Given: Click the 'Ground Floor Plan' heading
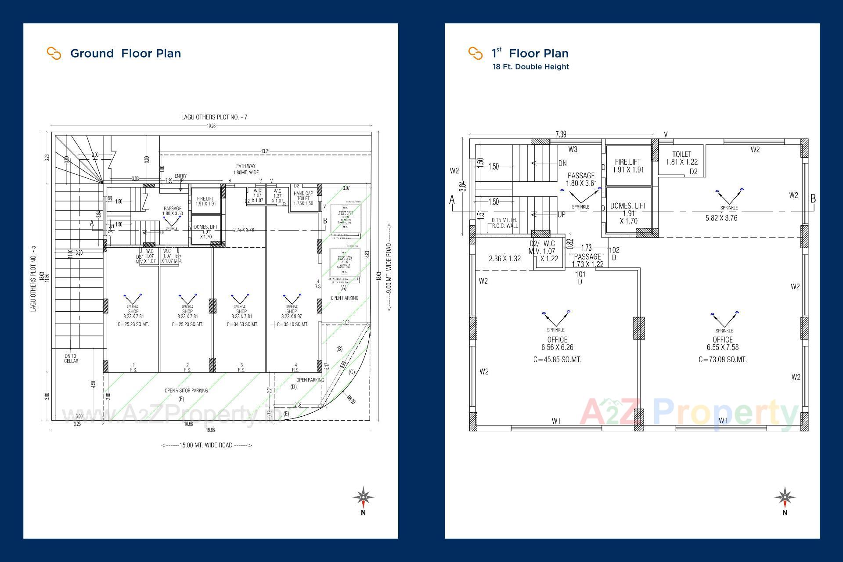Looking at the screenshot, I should pyautogui.click(x=125, y=54).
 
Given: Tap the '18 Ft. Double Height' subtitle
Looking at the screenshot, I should pyautogui.click(x=530, y=67).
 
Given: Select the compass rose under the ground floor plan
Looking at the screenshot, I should pyautogui.click(x=363, y=497).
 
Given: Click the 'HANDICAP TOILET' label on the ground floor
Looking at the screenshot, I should pyautogui.click(x=303, y=198).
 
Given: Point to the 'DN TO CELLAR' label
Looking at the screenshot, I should pyautogui.click(x=71, y=358).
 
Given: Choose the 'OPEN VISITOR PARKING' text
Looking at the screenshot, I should pyautogui.click(x=186, y=390).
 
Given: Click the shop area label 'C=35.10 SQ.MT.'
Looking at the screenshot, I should pyautogui.click(x=292, y=324).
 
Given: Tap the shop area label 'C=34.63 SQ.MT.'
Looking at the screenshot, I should pyautogui.click(x=242, y=324).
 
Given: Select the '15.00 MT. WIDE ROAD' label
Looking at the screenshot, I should pyautogui.click(x=206, y=445).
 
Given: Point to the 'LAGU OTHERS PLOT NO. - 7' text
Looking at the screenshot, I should pyautogui.click(x=214, y=117).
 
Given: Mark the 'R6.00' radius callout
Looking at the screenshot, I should pyautogui.click(x=350, y=400).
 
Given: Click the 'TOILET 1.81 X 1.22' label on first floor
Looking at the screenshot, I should pyautogui.click(x=681, y=158).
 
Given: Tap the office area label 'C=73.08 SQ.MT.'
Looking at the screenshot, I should pyautogui.click(x=722, y=360).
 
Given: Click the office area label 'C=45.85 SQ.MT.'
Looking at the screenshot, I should pyautogui.click(x=557, y=360).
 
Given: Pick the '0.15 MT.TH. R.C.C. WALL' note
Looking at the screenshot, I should pyautogui.click(x=504, y=223).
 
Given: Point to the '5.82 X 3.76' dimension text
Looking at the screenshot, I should pyautogui.click(x=721, y=218).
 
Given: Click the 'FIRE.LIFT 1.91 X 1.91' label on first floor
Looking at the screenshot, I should pyautogui.click(x=628, y=166).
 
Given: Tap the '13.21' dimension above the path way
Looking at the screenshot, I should pyautogui.click(x=265, y=151).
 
